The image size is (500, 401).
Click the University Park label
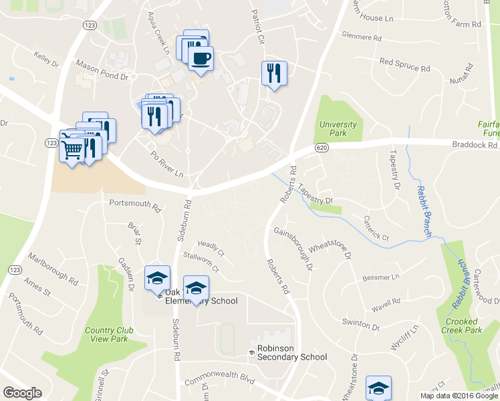point(338,129)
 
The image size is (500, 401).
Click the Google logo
point(22,393)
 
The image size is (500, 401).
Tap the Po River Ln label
point(166,166)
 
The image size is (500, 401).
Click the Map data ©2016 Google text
point(459,396)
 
